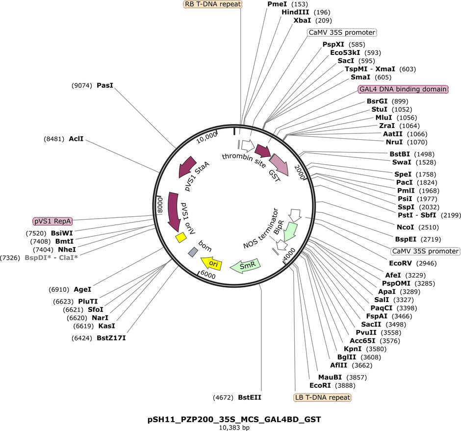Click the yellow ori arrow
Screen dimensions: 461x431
point(211,263)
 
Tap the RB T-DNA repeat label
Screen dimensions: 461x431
point(212,4)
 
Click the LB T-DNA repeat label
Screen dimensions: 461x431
point(323,398)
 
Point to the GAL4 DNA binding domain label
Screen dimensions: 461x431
point(403,89)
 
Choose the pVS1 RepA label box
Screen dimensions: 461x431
point(52,221)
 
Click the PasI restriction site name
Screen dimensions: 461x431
point(105,85)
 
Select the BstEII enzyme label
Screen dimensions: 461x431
point(250,398)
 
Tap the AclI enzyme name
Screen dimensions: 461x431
point(76,139)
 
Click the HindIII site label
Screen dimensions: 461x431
point(295,12)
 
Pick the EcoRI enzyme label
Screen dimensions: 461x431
point(320,385)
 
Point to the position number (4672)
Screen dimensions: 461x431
point(223,398)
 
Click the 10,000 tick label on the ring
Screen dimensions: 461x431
point(207,137)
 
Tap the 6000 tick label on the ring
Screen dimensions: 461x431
point(208,275)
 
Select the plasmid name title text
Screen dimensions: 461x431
point(234,419)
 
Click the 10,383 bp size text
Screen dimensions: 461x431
point(234,428)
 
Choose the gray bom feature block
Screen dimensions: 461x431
point(193,252)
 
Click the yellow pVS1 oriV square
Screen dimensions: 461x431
point(181,237)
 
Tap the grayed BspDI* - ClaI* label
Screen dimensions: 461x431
point(51,258)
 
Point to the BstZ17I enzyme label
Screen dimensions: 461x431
point(111,338)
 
